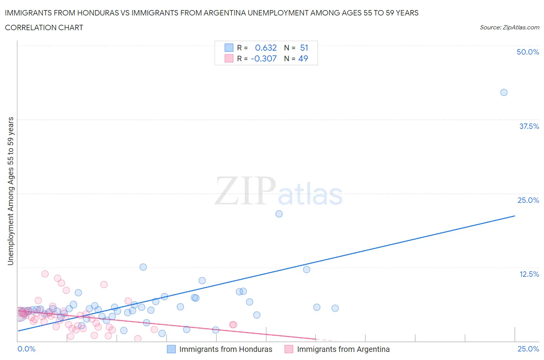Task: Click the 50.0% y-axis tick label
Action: (x=528, y=52)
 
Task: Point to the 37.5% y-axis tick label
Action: (x=529, y=126)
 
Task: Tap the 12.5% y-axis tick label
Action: (x=529, y=274)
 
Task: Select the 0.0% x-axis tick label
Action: (x=26, y=349)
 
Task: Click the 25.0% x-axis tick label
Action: (x=528, y=349)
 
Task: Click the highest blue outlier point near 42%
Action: (x=504, y=93)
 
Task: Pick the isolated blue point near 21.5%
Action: (x=279, y=214)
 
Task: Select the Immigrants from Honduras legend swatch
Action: (x=171, y=349)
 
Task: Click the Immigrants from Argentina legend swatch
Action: (x=289, y=349)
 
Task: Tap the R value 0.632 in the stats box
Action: (x=266, y=48)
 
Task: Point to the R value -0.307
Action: (x=263, y=58)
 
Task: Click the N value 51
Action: (x=304, y=48)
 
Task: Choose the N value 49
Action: (x=303, y=58)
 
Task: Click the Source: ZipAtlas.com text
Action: (x=509, y=27)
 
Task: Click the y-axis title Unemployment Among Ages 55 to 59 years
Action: (x=10, y=191)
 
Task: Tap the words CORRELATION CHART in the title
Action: (x=44, y=27)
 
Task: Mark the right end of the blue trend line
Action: (x=515, y=216)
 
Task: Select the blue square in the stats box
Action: (x=229, y=48)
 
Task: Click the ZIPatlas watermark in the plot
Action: (x=279, y=191)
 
